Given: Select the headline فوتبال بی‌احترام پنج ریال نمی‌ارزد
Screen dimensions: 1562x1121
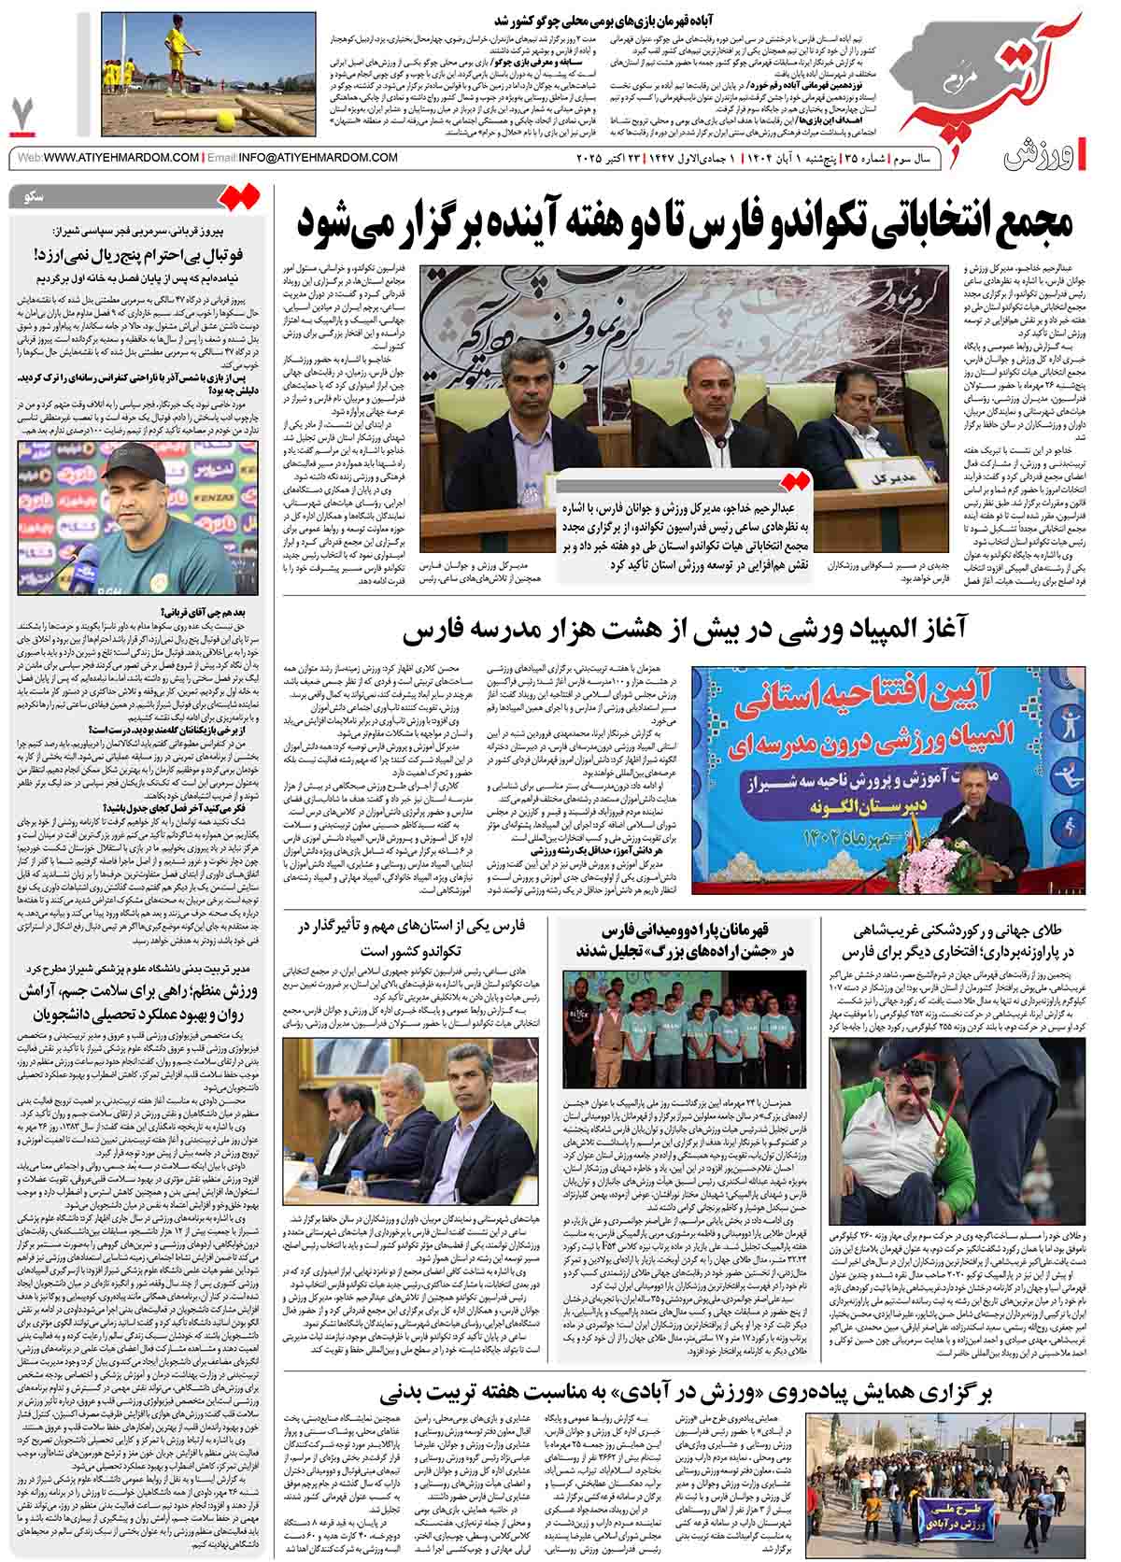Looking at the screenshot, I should click(139, 254).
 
